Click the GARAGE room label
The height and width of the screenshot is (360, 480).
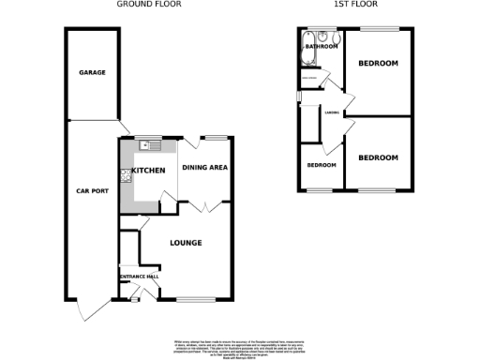pyautogui.click(x=91, y=72)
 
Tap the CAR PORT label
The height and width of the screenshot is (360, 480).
pyautogui.click(x=91, y=191)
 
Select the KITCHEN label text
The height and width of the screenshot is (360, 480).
pyautogui.click(x=148, y=171)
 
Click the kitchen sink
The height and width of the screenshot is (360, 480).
pyautogui.click(x=148, y=145)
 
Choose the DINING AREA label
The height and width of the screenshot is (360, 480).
pyautogui.click(x=205, y=168)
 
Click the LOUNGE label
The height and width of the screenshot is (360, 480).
pyautogui.click(x=187, y=242)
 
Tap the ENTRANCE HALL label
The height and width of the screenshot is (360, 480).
pyautogui.click(x=138, y=276)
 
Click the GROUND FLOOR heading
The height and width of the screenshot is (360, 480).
pyautogui.click(x=149, y=5)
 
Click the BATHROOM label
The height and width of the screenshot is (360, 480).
pyautogui.click(x=321, y=46)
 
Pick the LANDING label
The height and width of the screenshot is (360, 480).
pyautogui.click(x=331, y=113)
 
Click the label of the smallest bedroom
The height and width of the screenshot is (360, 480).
pyautogui.click(x=322, y=165)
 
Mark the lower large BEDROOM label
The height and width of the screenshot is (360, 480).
pyautogui.click(x=379, y=157)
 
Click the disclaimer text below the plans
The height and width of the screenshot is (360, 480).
pyautogui.click(x=240, y=346)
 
